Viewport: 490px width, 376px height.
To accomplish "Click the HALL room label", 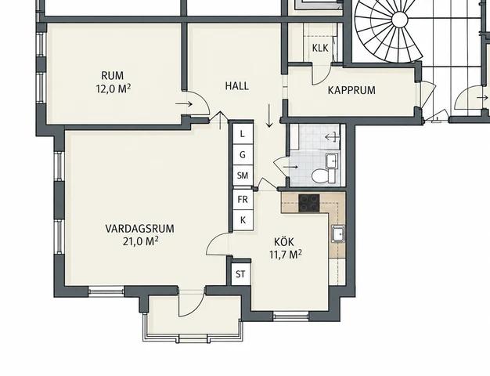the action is pos(237,85).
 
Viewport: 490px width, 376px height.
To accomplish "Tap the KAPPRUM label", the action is pos(351,90).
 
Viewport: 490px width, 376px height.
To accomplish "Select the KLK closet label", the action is pos(320,48).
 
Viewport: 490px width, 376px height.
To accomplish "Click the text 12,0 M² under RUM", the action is pos(113,89).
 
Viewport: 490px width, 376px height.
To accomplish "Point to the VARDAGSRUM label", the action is pos(139,229).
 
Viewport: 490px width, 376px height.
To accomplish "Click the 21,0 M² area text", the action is pos(140,241).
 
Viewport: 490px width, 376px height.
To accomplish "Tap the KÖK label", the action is pos(284,241).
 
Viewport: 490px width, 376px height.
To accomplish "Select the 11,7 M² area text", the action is pos(286,255).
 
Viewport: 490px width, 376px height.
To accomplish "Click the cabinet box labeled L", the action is pos(243,134).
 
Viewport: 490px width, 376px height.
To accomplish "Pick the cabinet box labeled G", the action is pos(243,154).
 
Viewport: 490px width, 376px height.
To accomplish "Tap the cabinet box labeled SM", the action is pos(243,175).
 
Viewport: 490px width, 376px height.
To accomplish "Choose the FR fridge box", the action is pos(243,199).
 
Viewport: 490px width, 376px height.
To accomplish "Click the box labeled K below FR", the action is pos(243,220).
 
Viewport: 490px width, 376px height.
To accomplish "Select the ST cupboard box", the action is pos(240,274).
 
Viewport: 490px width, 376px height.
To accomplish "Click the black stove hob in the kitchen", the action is pos(309,203).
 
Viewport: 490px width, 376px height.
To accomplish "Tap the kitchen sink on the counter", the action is pos(338,233).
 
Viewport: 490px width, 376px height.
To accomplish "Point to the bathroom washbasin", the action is pos(332,161).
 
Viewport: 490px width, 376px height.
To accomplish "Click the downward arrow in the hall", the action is pos(269,116).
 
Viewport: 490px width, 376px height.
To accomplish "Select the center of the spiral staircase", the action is pos(400,20).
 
